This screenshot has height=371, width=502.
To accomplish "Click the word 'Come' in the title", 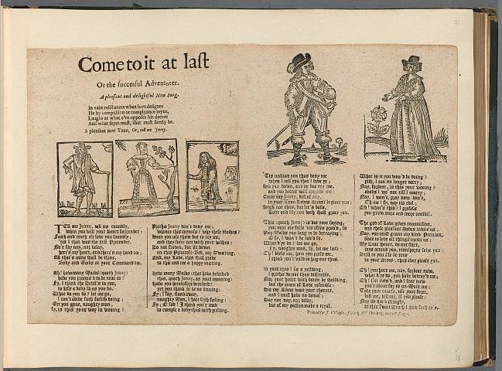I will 100,65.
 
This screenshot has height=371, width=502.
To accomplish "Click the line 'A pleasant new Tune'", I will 125,132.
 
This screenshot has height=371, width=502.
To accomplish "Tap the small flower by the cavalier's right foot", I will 338,144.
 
